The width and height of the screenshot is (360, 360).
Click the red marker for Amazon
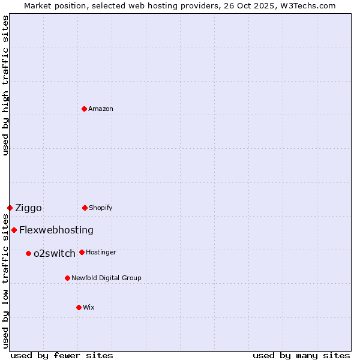click(x=84, y=109)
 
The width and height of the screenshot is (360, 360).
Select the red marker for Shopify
click(x=85, y=208)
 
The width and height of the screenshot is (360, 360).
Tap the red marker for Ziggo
click(x=10, y=208)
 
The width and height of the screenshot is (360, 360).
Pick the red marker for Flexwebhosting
click(x=14, y=230)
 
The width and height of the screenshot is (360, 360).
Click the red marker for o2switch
click(x=28, y=253)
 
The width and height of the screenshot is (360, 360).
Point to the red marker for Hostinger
click(x=82, y=252)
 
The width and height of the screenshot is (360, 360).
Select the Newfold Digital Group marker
click(x=67, y=278)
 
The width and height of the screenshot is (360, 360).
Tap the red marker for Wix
click(x=79, y=307)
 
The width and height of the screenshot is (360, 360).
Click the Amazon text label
click(x=101, y=109)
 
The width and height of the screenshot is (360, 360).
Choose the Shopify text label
click(x=101, y=208)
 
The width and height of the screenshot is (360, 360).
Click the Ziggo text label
click(x=28, y=208)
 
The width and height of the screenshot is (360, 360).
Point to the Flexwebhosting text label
click(x=56, y=230)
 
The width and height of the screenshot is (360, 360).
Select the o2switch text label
click(x=55, y=253)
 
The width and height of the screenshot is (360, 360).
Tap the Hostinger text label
click(x=101, y=252)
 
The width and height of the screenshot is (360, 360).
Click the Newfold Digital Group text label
click(x=106, y=278)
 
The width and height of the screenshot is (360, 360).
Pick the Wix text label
click(x=89, y=307)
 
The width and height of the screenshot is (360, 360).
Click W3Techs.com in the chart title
click(x=306, y=5)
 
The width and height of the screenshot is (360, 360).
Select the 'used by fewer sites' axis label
click(x=62, y=355)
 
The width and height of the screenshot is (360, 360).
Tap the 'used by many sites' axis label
click(x=301, y=355)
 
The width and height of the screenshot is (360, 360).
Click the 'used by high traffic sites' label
click(x=5, y=85)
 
